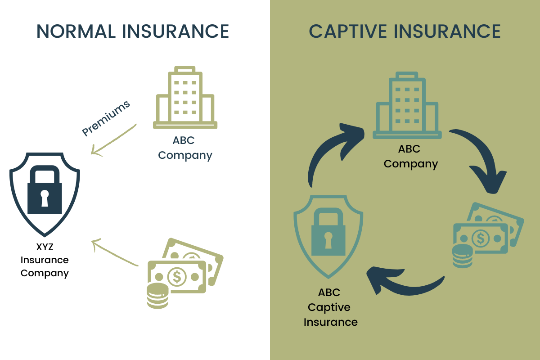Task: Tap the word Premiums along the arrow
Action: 106,118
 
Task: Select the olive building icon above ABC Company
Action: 185,98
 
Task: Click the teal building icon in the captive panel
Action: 407,105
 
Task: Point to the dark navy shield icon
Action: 45,193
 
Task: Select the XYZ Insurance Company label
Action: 45,260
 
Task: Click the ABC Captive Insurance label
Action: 330,307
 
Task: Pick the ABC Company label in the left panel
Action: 184,148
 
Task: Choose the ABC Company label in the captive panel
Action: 410,156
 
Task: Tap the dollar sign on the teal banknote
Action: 481,238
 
